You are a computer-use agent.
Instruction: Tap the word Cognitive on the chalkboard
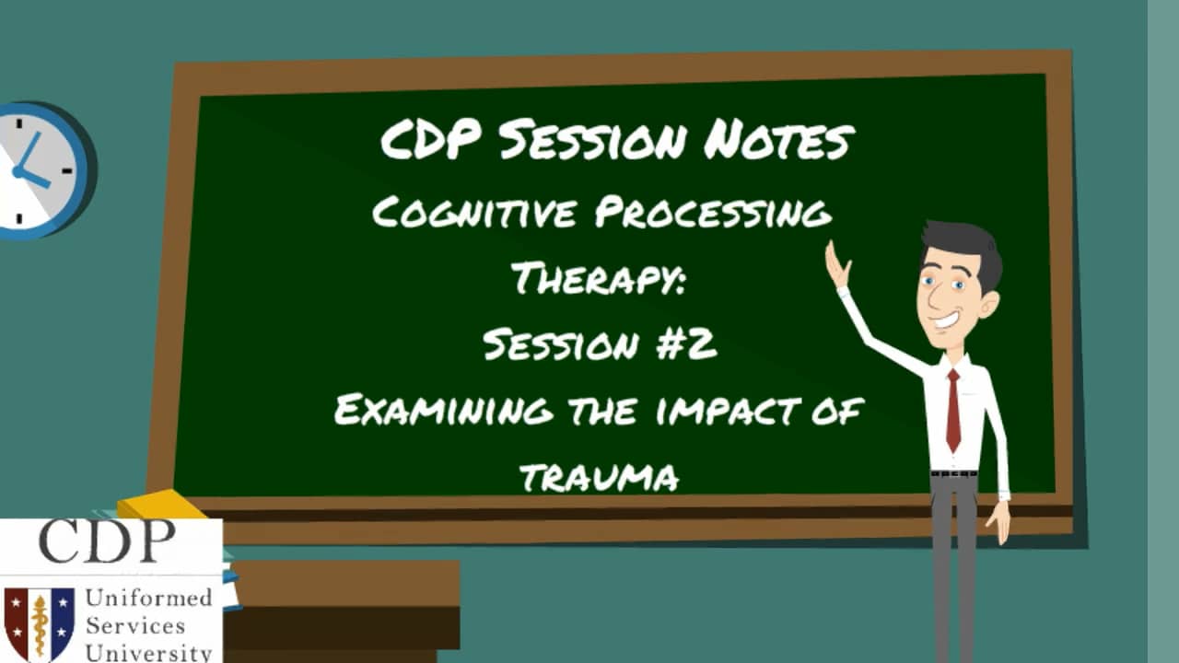tap(474, 214)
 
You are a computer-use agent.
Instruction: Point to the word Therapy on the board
tap(599, 278)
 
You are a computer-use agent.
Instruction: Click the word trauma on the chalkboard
tap(599, 475)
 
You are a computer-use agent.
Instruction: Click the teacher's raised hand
tap(836, 264)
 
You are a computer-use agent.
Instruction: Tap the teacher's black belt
tap(952, 473)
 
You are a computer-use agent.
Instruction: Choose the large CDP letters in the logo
tap(107, 541)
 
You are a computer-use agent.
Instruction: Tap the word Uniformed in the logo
tap(147, 599)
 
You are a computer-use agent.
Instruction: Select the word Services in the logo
tap(134, 626)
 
